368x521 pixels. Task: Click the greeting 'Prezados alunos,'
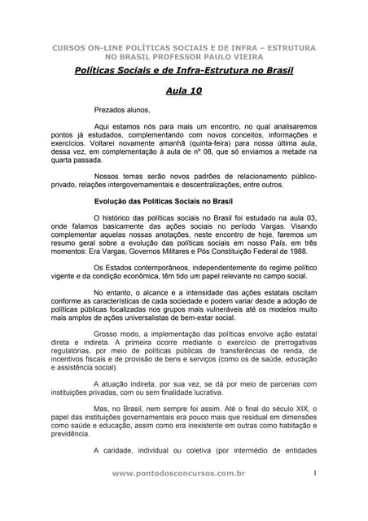pos(123,109)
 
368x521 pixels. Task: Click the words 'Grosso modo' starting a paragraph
pos(117,334)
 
